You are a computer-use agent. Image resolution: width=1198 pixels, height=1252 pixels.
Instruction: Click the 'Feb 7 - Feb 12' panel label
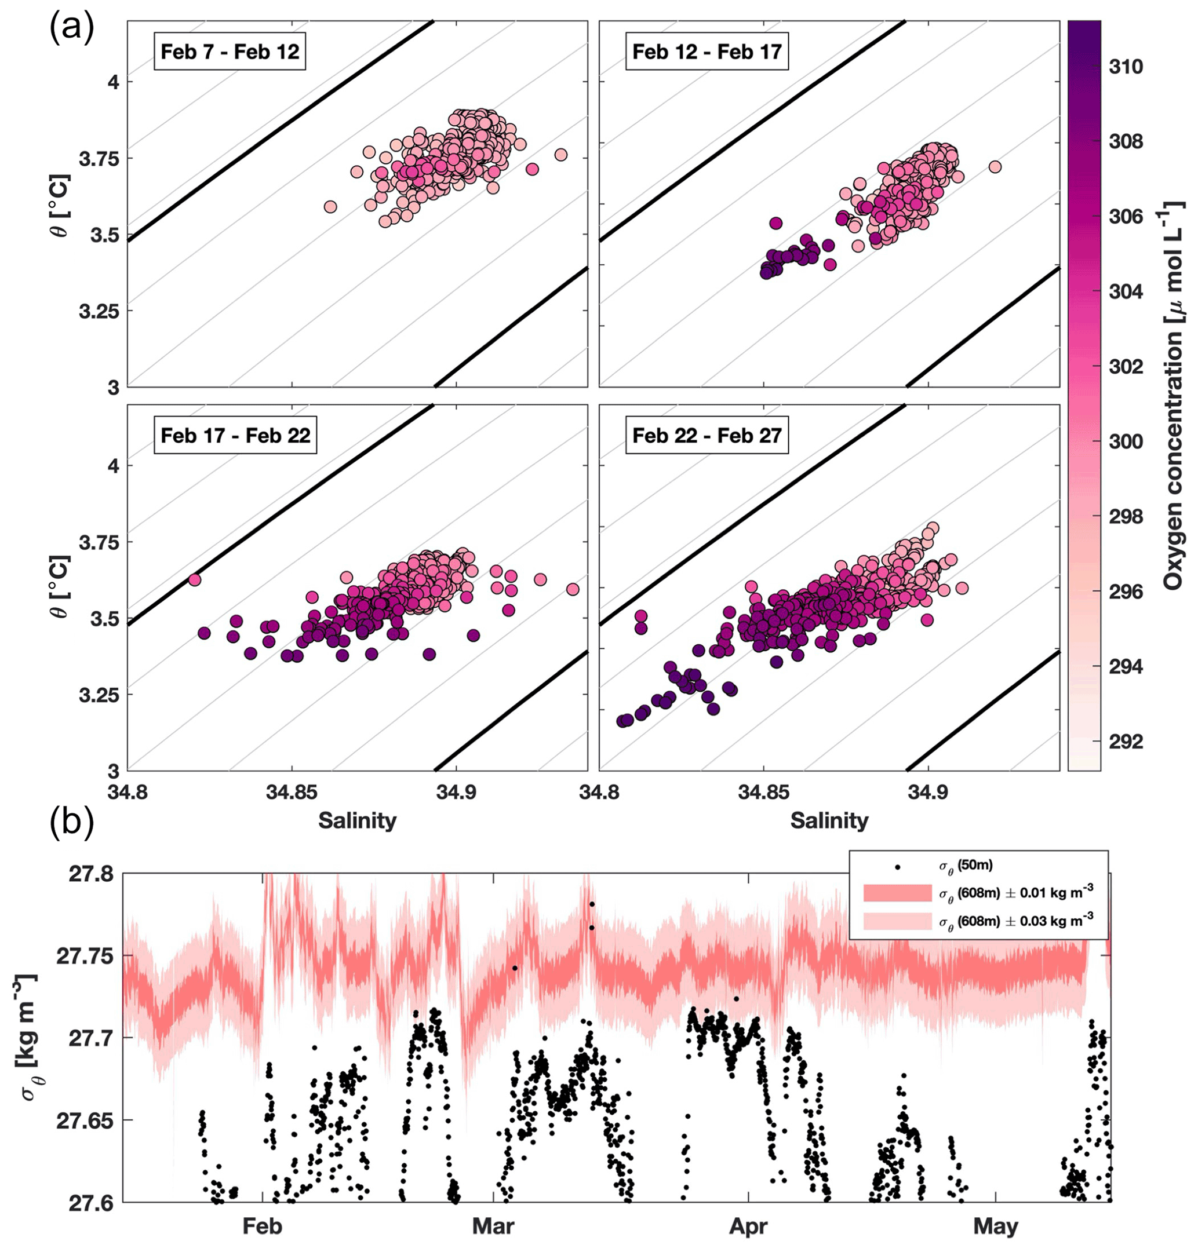click(x=230, y=52)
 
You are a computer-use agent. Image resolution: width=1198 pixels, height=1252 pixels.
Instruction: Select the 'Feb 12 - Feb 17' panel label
click(x=707, y=52)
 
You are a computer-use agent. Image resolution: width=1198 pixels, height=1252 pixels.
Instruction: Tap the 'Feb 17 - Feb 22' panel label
click(x=235, y=436)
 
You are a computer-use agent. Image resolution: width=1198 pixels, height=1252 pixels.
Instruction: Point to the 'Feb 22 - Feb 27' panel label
click(x=707, y=436)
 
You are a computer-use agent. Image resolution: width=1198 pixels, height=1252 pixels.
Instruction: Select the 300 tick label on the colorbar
click(x=1125, y=441)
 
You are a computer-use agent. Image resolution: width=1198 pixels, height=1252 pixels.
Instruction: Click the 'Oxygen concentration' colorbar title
click(x=1172, y=396)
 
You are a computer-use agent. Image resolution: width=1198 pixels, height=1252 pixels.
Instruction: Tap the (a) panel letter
click(x=71, y=29)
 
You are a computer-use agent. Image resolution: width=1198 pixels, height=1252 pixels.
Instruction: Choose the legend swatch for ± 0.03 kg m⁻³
click(x=897, y=920)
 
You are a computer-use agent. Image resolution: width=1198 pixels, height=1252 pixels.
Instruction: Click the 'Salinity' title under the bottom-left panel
click(x=357, y=820)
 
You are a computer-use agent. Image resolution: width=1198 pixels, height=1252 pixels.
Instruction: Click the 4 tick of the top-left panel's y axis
click(x=114, y=82)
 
